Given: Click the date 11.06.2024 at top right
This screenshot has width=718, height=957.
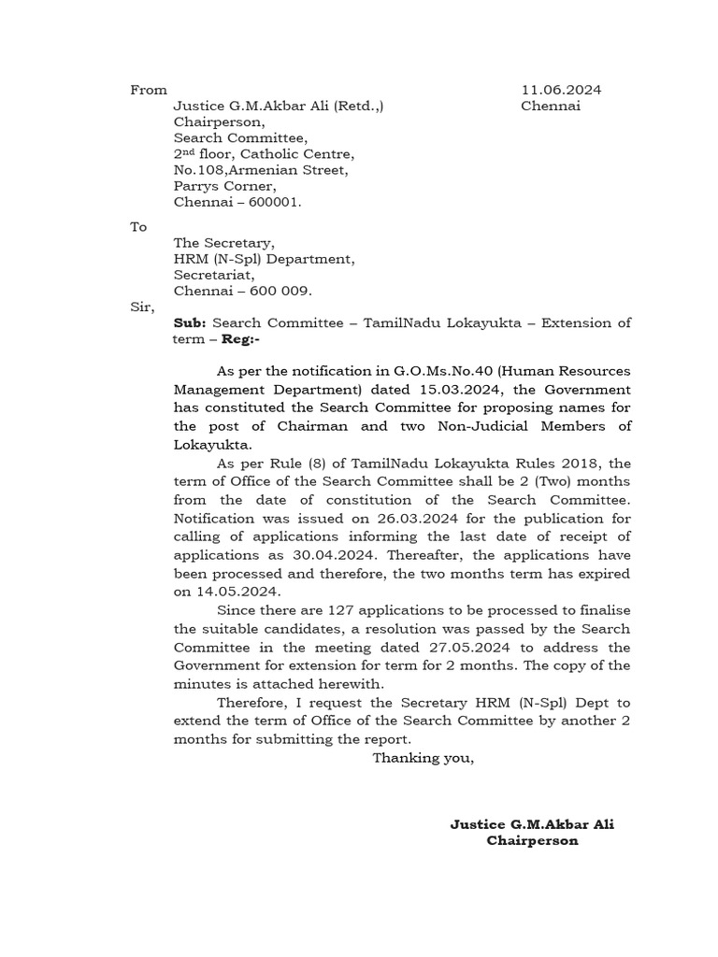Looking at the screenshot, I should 561,91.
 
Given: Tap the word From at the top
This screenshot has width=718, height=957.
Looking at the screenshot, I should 149,91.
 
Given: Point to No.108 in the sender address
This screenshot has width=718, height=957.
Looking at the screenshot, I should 196,170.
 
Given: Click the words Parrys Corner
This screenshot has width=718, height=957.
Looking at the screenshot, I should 224,186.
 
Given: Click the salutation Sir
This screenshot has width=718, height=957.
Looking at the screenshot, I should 141,307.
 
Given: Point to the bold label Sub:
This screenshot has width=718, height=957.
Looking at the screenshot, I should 190,323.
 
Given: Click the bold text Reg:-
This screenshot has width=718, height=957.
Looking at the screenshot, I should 241,339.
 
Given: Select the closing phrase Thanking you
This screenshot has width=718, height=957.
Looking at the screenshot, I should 423,758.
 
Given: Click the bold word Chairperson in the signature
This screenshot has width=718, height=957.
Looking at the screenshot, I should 532,840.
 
